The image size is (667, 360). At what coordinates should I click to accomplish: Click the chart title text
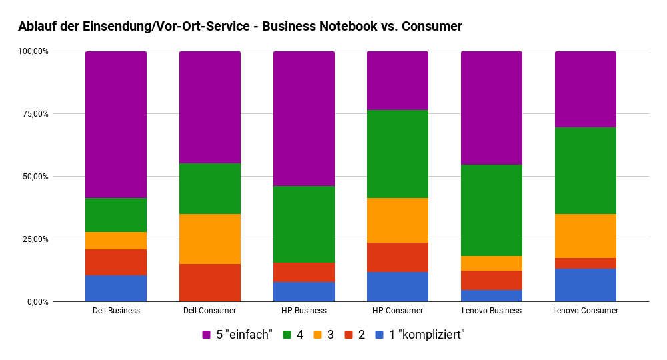(240, 27)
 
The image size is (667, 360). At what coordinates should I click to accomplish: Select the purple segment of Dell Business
(116, 125)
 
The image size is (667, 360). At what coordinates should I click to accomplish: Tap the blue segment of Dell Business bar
(116, 289)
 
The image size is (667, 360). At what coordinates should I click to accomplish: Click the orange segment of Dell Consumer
(210, 239)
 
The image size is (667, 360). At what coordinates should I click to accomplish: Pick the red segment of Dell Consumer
(210, 283)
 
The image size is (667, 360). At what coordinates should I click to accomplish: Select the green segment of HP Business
(304, 224)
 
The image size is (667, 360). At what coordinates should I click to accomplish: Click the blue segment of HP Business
(304, 292)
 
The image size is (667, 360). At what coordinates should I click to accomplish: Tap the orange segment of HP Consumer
(398, 220)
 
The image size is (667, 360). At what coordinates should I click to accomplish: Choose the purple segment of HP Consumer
(398, 81)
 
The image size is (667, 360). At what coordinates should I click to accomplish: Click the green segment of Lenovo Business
(492, 210)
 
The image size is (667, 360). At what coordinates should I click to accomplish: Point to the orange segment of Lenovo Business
(492, 263)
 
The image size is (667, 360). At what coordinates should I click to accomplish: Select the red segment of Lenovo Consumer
(586, 263)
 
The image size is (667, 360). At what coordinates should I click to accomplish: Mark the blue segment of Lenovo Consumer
(586, 285)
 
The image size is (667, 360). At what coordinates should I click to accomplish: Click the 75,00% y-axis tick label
(33, 114)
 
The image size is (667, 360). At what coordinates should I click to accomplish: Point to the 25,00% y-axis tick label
(33, 239)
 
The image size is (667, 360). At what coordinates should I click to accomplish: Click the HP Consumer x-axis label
(398, 311)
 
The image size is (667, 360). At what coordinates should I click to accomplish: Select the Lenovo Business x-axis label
(492, 311)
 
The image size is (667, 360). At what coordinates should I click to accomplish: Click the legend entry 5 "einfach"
(237, 335)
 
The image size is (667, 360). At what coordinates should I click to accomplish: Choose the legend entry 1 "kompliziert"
(420, 335)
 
